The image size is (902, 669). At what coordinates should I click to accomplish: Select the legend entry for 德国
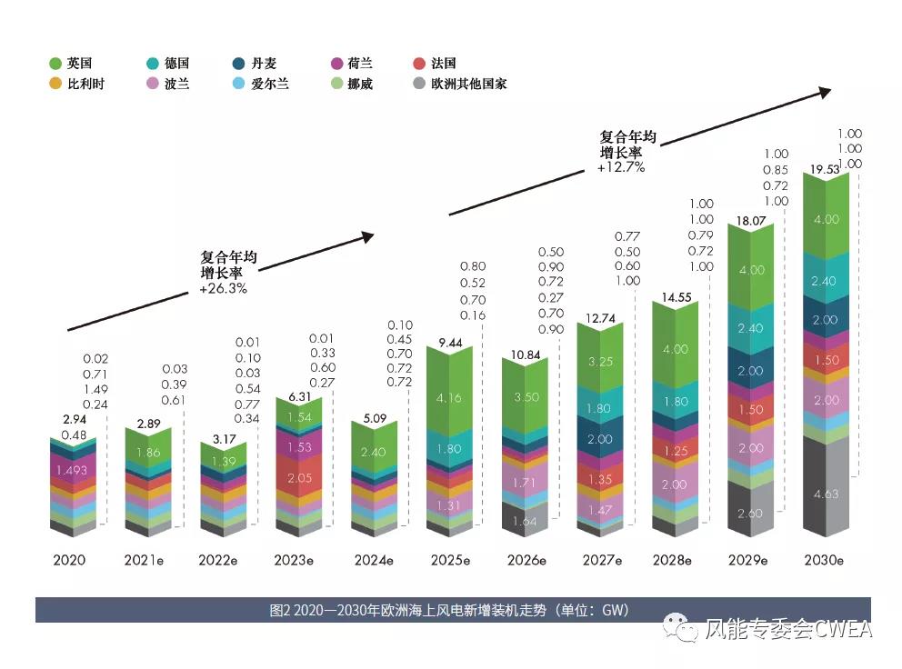coord(168,64)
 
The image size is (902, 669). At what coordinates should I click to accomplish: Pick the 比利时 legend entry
coord(77,84)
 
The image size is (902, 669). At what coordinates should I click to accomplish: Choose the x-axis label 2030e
coord(826,561)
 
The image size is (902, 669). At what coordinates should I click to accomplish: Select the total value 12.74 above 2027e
coord(600,318)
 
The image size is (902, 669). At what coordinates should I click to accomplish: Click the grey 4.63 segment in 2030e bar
coord(826,494)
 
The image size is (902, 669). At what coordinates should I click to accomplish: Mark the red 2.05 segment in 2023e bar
coord(298,478)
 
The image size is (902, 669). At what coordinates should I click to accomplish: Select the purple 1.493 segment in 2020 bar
coord(71,470)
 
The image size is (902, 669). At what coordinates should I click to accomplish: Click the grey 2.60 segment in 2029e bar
coord(750,514)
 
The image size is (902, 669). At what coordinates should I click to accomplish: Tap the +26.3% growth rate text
coord(223,289)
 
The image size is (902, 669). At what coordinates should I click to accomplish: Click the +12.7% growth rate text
coord(621,167)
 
